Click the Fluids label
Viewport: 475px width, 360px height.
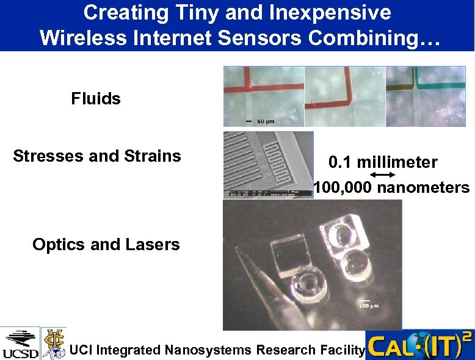click(x=96, y=98)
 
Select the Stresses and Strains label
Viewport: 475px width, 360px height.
click(x=97, y=156)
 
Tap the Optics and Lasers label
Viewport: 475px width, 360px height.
click(x=106, y=245)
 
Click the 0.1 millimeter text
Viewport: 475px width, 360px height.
click(x=383, y=162)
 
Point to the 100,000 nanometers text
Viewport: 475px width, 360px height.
click(x=391, y=187)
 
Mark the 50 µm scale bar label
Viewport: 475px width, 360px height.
click(x=265, y=121)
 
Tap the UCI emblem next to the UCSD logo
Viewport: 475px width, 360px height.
click(x=53, y=343)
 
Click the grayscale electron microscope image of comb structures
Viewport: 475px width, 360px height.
click(x=268, y=164)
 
